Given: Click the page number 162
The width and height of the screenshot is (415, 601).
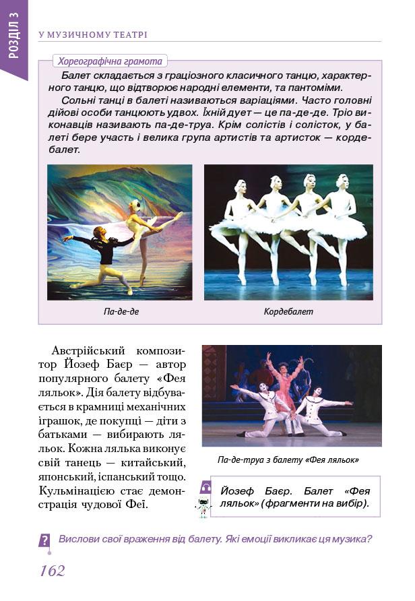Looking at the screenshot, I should point(53,571).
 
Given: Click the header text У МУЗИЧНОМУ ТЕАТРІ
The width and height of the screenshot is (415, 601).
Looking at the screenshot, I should point(93,34).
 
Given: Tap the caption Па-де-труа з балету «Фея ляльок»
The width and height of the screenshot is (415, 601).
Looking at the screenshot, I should point(288,460).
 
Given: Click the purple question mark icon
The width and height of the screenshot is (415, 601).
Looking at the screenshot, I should point(44,540).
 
